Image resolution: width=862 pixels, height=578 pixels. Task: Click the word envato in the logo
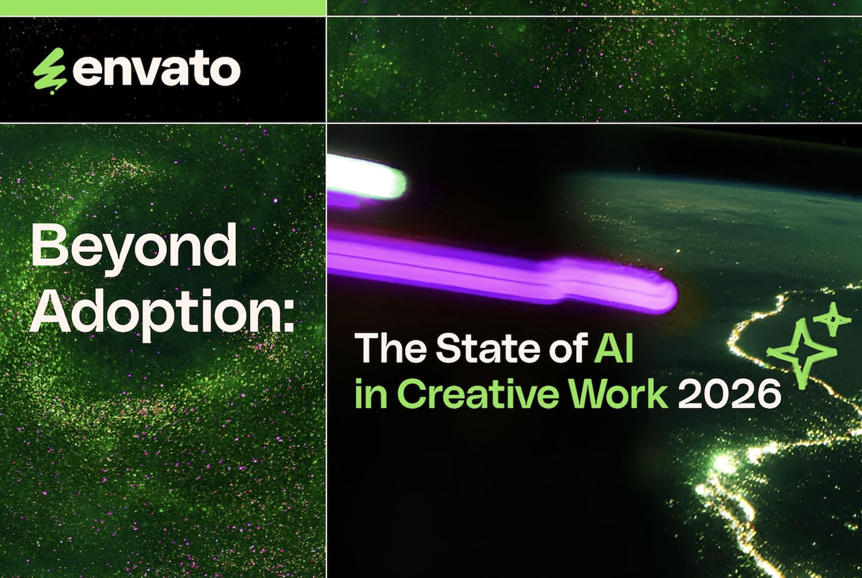coord(156,71)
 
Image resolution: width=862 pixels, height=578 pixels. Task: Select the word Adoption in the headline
coord(154,314)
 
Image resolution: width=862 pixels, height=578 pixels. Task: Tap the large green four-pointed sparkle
coord(802,354)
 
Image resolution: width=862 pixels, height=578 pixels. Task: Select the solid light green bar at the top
coord(163,7)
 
